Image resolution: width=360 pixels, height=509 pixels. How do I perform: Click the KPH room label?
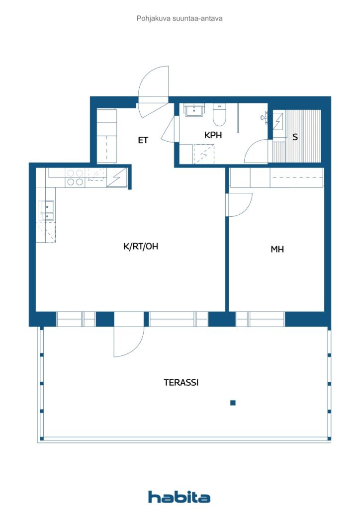(x=213, y=135)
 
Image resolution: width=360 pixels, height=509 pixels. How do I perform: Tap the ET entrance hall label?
(x=143, y=140)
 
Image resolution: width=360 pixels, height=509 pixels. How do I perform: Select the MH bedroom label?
(x=277, y=250)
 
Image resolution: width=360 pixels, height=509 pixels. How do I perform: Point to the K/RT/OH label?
(x=141, y=247)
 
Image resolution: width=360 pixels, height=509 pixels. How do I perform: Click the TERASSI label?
(x=181, y=382)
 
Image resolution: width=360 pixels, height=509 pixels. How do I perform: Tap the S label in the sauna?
(x=295, y=137)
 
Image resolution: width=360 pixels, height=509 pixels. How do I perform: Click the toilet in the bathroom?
(x=219, y=115)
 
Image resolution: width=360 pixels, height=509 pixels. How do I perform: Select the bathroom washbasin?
(x=194, y=110)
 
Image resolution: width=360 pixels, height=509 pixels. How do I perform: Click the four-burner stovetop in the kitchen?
(x=75, y=177)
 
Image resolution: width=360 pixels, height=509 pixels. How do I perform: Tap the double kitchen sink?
(x=46, y=211)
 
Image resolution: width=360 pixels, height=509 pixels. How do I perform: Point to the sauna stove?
(x=277, y=121)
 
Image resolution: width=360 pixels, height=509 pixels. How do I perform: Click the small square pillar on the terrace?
(x=233, y=403)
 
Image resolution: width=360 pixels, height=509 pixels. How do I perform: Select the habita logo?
(x=179, y=497)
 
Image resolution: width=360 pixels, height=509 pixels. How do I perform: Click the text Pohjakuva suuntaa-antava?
(x=180, y=18)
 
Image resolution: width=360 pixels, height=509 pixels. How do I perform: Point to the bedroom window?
(x=260, y=319)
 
